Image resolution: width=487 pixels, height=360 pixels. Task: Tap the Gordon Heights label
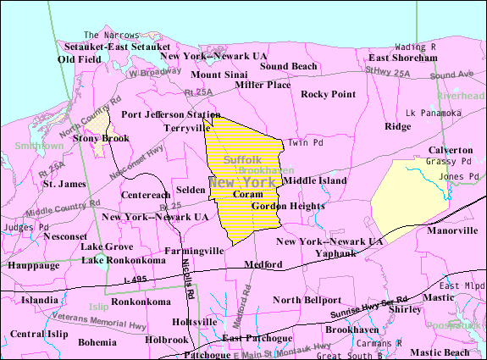[x=288, y=206]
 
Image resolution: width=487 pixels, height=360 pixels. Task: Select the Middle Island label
[x=315, y=180]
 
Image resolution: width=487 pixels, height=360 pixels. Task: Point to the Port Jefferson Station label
[x=170, y=114]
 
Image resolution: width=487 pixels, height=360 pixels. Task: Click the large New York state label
[x=246, y=182]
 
